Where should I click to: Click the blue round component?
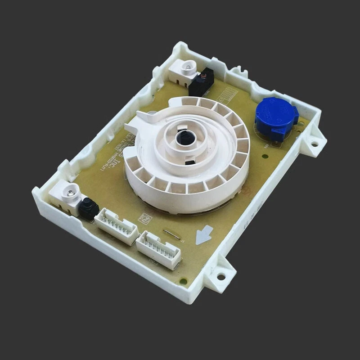coord(275,118)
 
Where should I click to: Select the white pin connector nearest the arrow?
coord(158,249)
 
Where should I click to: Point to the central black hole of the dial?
coord(184,138)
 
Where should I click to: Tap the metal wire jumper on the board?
coord(172,234)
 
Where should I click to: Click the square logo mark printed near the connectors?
coord(145,219)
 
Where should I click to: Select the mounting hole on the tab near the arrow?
coord(221,277)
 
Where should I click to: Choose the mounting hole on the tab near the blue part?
coord(314,144)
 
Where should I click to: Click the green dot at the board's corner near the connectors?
coord(183,282)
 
